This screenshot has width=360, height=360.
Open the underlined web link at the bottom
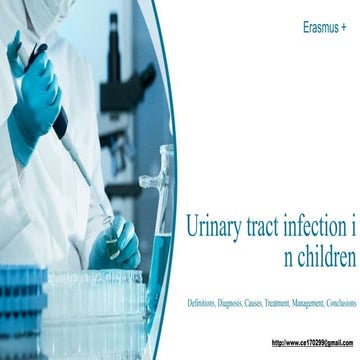[312, 342]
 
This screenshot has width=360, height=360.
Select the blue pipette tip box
[20, 300]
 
